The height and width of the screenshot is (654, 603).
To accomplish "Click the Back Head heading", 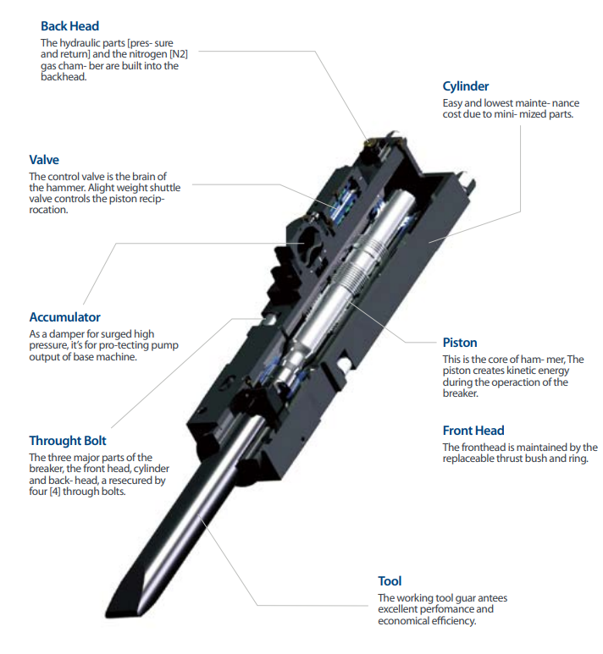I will [x=70, y=26].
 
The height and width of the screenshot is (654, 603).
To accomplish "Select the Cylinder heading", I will [x=465, y=86].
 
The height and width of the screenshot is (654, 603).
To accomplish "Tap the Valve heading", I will [x=44, y=160].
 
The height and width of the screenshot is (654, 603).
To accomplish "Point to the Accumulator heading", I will [x=64, y=317].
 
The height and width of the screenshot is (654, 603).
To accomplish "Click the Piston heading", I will [x=460, y=343].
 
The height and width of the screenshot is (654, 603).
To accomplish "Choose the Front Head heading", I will [x=473, y=431].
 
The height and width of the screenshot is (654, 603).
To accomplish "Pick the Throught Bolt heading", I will [x=68, y=441].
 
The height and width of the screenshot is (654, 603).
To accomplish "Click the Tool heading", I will [x=390, y=581].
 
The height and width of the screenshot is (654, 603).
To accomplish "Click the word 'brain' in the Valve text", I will [x=144, y=176].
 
